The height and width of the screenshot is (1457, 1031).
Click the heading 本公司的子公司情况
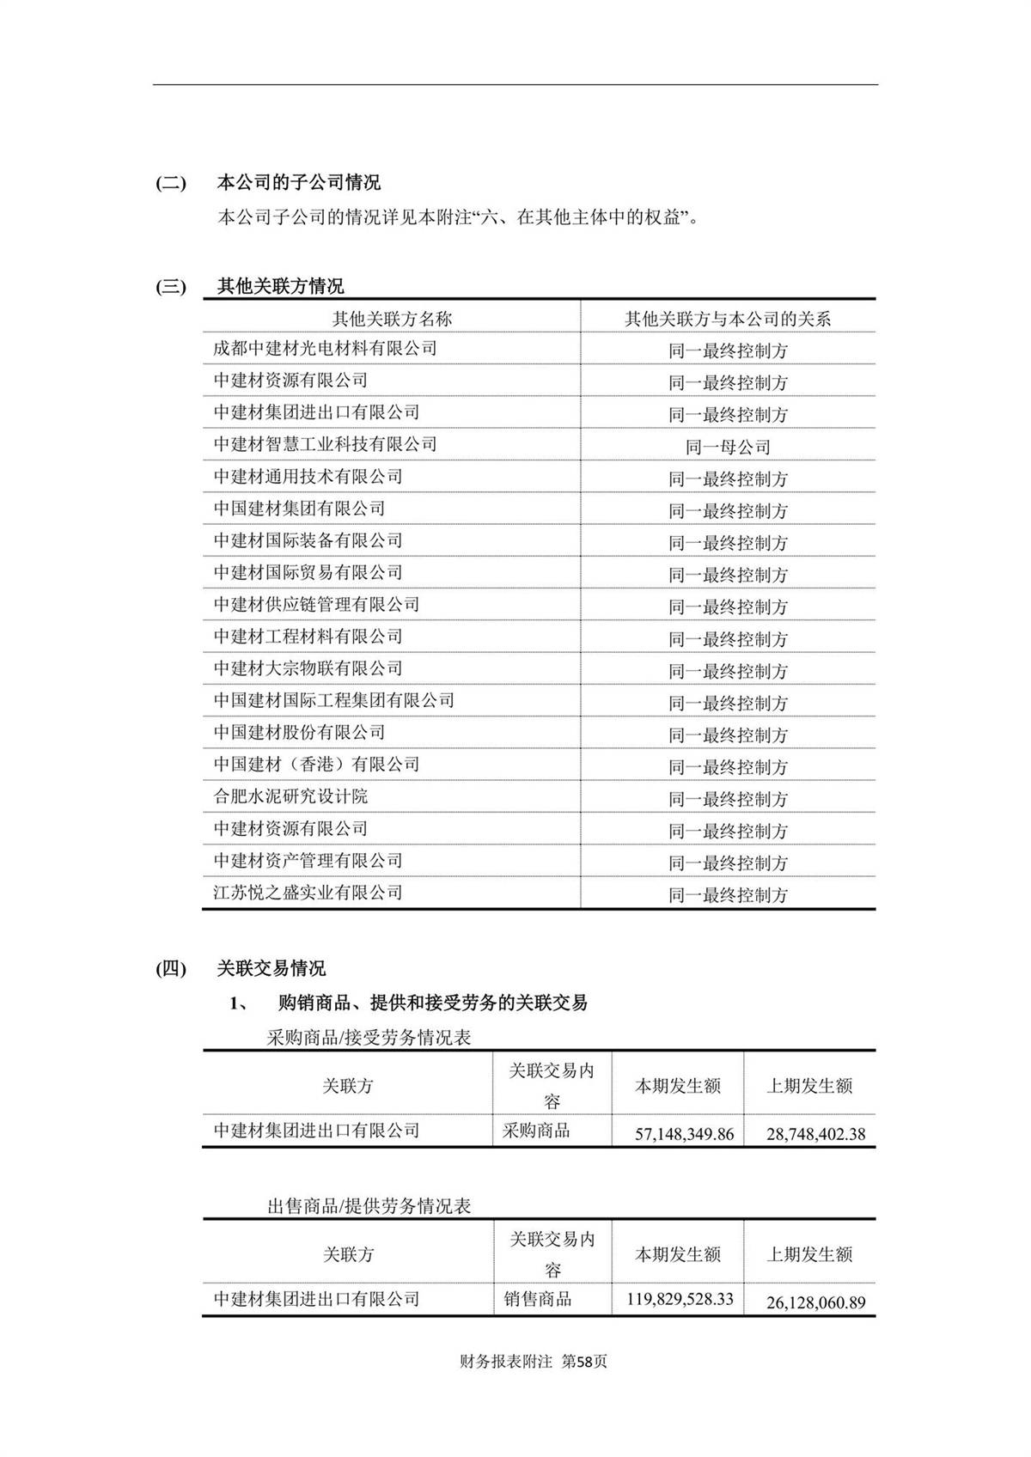pos(298,183)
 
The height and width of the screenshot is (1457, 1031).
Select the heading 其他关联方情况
pos(280,286)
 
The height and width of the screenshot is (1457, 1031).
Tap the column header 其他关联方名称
pos(392,319)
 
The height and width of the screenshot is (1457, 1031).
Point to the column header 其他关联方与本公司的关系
pos(728,319)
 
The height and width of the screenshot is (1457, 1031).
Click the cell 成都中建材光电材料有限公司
pos(325,349)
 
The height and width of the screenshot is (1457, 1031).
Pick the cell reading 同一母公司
pos(728,447)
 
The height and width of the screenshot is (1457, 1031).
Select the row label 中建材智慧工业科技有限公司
pos(325,444)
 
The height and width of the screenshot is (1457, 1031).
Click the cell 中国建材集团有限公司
pos(299,509)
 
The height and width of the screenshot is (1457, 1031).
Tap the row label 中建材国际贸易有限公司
pos(308,572)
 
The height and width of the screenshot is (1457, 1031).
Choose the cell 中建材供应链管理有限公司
pos(316,605)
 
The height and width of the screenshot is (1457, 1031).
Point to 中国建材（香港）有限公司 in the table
pos(316,765)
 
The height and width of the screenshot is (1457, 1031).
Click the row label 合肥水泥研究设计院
pos(290,796)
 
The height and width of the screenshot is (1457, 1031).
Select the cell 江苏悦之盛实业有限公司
pos(308,893)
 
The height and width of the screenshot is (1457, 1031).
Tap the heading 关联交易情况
pos(271,969)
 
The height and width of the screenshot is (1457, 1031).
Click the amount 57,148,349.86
pos(684,1134)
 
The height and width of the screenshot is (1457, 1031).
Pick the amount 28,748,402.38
pos(815,1134)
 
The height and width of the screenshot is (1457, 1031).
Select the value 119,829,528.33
pos(680,1298)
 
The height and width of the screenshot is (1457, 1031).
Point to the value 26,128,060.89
pos(815,1302)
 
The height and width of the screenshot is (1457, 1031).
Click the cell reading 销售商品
pos(538,1299)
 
